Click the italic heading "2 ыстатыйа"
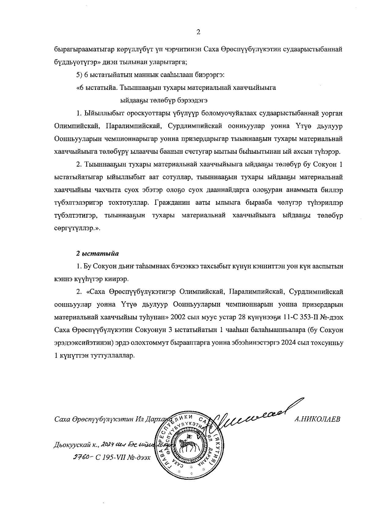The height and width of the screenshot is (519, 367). (97, 253)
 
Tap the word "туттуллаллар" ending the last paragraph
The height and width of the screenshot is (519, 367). (110, 356)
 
